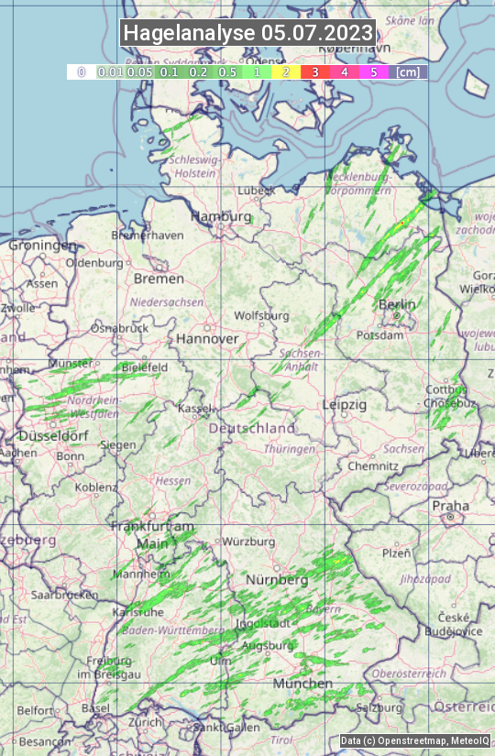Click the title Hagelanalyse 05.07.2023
tap(248, 33)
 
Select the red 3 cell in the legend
tap(314, 71)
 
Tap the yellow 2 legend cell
tap(286, 71)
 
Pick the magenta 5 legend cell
tap(373, 71)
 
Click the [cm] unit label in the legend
tap(408, 71)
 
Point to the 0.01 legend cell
tap(110, 71)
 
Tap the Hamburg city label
tap(221, 217)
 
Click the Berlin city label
tap(397, 304)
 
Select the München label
tap(302, 684)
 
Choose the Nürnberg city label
tap(277, 580)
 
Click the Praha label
tap(450, 506)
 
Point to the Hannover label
tap(207, 338)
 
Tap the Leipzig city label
tap(345, 404)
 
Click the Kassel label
tap(196, 408)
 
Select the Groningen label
tap(43, 246)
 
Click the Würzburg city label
tap(248, 542)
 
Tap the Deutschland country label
tap(252, 428)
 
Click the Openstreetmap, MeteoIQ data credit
tap(414, 740)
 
